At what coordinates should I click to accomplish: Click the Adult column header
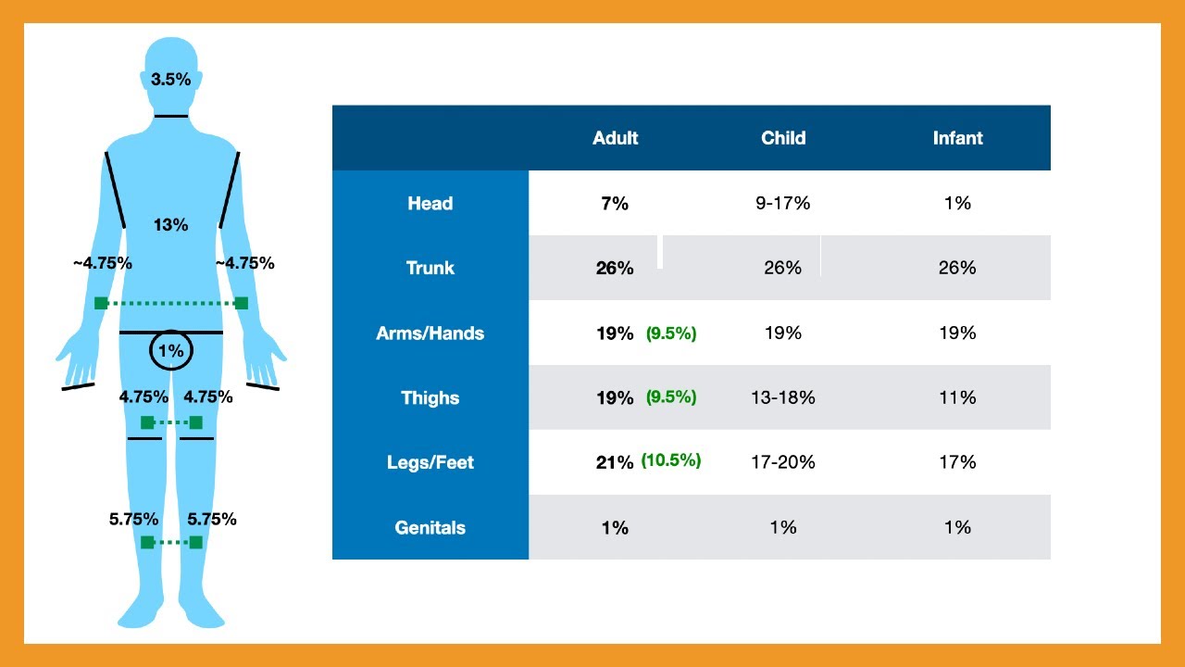tap(615, 138)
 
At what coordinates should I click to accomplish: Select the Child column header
tap(783, 138)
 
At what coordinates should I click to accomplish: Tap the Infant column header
tap(957, 138)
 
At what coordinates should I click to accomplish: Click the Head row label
tap(430, 203)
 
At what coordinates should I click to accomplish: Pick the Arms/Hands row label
tap(430, 333)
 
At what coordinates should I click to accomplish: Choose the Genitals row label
tap(430, 528)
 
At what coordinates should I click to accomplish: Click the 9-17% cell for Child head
tap(783, 203)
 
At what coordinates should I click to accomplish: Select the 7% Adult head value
tap(615, 203)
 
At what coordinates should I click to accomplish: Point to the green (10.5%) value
tap(671, 460)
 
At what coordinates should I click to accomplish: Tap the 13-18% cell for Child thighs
tap(783, 397)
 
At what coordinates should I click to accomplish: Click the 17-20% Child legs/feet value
tap(783, 462)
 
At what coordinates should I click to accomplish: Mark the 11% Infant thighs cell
tap(957, 397)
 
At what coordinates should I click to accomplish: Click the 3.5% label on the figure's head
tap(170, 80)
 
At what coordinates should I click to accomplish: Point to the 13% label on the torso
tap(170, 225)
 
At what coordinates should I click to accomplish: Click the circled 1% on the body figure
tap(171, 350)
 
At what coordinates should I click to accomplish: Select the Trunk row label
tap(430, 268)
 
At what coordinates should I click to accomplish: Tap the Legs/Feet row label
tap(430, 462)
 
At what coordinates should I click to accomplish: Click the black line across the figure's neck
tap(171, 116)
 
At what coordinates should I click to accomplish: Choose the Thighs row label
tap(430, 398)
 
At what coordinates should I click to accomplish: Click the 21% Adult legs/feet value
tap(614, 462)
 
